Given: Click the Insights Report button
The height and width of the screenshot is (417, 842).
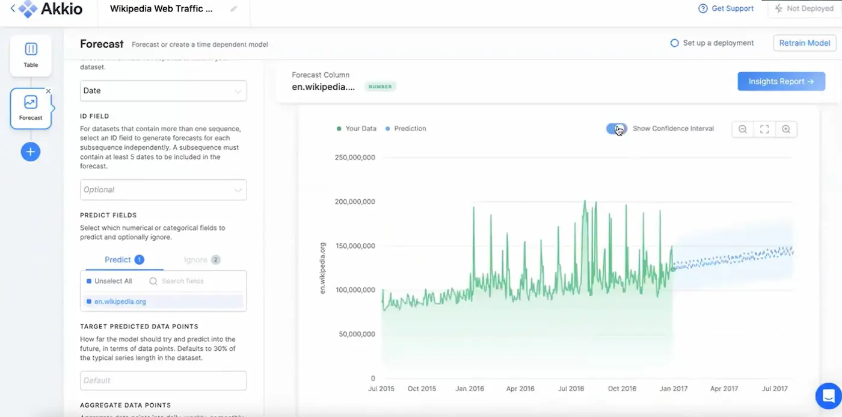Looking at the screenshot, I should click(x=781, y=82).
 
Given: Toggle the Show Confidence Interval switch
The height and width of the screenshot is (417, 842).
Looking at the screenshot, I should click(x=616, y=129).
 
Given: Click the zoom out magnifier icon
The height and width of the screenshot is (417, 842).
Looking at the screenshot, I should click(x=743, y=129).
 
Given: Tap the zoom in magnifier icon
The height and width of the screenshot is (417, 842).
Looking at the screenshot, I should click(x=786, y=129).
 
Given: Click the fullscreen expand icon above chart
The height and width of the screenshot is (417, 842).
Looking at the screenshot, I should click(x=764, y=129).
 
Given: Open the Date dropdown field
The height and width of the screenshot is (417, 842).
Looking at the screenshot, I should click(x=163, y=91).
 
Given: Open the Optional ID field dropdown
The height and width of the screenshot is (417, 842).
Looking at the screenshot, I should click(x=163, y=190).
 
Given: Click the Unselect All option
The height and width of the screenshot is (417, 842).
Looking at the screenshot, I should click(x=112, y=281).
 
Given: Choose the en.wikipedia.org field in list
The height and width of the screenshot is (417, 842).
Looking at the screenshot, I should click(x=120, y=301).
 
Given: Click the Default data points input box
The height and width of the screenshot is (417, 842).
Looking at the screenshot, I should click(x=163, y=380).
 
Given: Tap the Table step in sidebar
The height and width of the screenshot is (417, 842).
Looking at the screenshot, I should click(x=31, y=55).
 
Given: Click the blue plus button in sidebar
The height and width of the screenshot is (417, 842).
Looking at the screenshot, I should click(x=31, y=152).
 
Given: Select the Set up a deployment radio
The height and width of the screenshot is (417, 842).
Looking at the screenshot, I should click(x=675, y=43).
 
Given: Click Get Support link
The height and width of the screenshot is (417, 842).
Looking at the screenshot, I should click(x=726, y=8).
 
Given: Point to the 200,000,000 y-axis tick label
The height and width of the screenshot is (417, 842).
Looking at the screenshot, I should click(x=355, y=202).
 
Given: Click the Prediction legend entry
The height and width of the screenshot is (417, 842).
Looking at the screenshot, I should click(x=410, y=129).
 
